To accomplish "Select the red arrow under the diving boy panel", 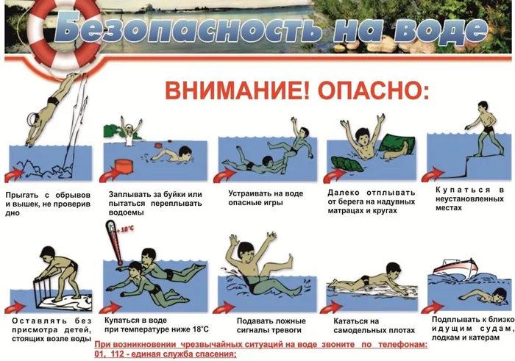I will pos(15,175).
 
